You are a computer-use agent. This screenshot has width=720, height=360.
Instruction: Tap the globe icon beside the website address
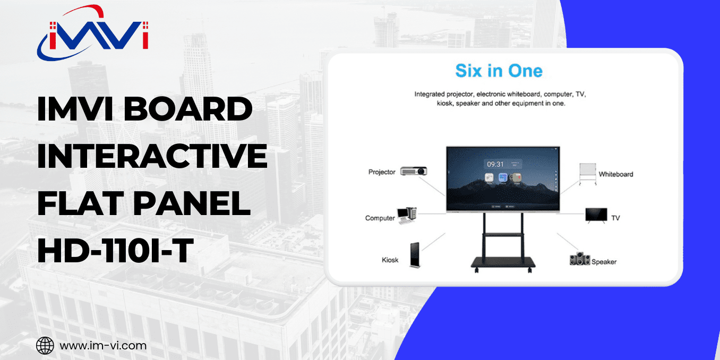[45, 346]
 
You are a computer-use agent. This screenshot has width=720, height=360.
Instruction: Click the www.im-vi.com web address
[103, 346]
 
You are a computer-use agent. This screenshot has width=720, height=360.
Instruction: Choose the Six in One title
[499, 71]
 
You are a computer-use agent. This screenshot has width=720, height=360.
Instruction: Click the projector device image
[414, 171]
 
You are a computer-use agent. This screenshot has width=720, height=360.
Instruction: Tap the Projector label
[382, 172]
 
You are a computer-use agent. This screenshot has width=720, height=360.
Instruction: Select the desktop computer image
[407, 214]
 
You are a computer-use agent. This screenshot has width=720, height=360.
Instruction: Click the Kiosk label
[390, 260]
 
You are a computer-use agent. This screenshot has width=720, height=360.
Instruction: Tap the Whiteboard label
[616, 174]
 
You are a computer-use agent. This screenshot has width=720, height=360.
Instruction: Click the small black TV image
[596, 215]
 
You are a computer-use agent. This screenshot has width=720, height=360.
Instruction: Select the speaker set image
[579, 259]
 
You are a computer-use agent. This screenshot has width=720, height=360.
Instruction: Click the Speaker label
[604, 262]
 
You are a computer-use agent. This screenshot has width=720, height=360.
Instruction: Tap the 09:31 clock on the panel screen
[495, 164]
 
